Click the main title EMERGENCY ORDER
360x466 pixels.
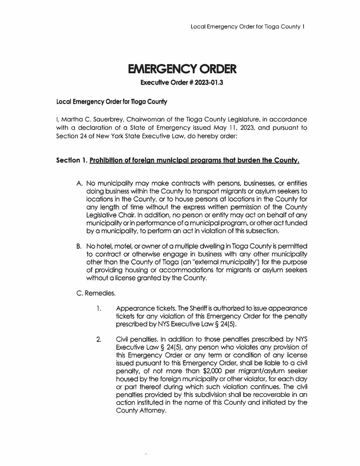tap(182, 70)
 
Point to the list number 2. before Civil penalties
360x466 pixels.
tap(98, 339)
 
